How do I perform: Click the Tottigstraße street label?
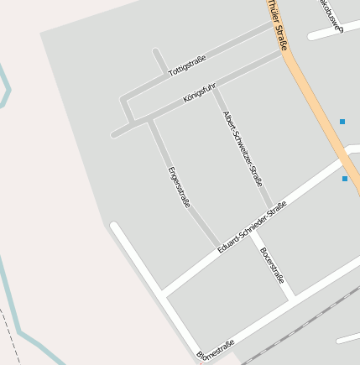point(187,66)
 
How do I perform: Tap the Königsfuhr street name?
point(199,92)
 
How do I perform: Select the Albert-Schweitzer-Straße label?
point(243,148)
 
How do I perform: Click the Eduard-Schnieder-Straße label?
point(252,227)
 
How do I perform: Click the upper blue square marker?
point(342,122)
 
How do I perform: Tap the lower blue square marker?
point(345,179)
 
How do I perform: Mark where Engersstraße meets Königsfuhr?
point(151,118)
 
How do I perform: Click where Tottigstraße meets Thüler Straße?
point(274,25)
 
